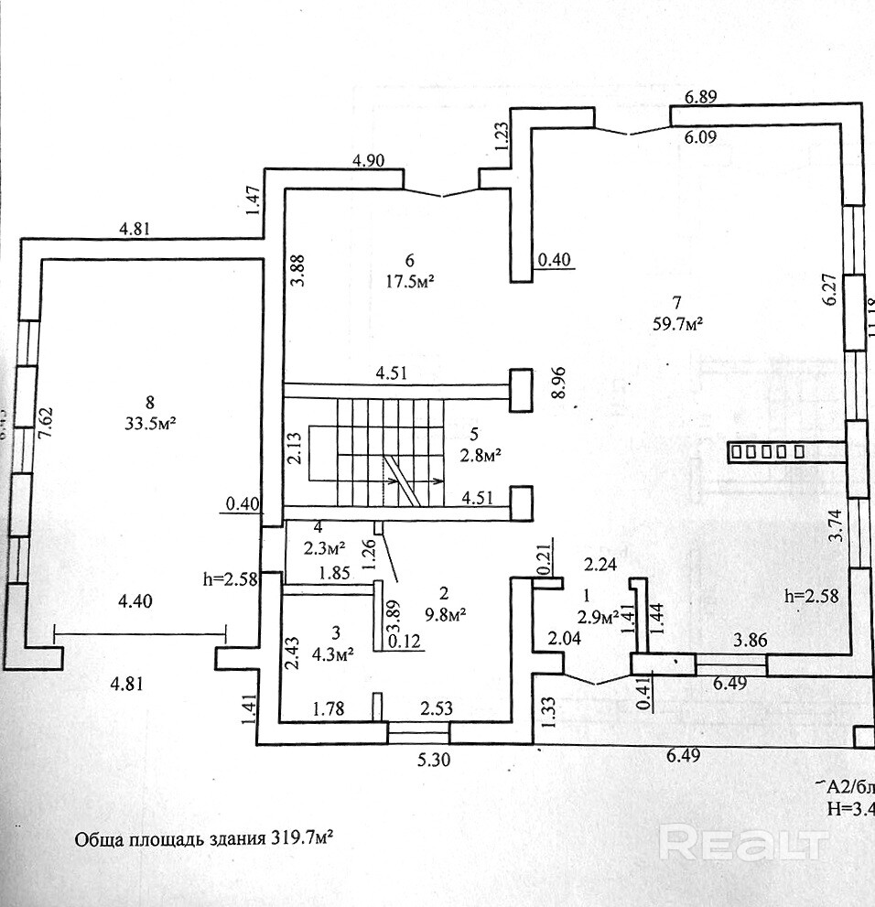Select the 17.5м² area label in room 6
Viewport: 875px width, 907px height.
[409, 281]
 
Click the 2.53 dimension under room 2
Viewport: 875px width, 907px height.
[437, 707]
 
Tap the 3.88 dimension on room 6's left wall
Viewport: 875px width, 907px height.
[295, 272]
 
